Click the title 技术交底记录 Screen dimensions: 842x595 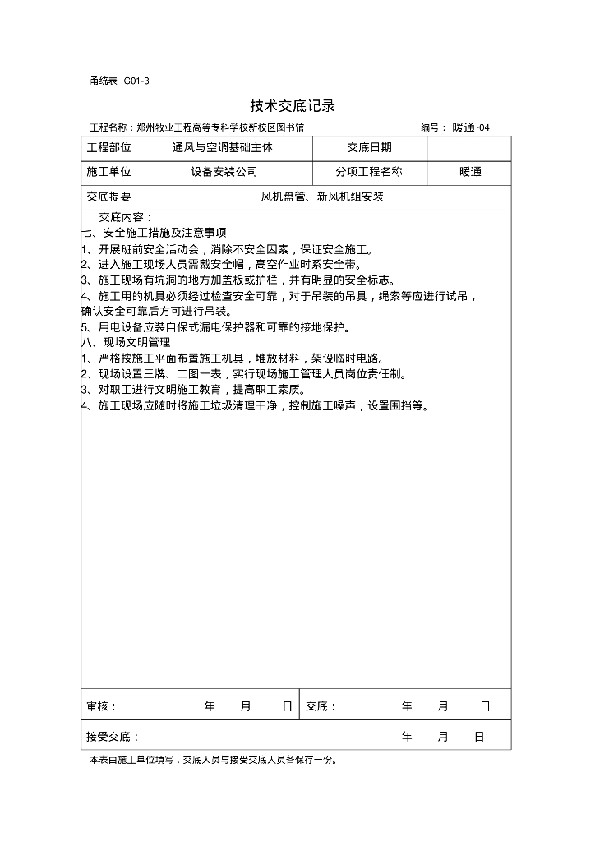click(x=293, y=106)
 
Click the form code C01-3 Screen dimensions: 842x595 click(x=136, y=81)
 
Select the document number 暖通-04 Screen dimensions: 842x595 click(x=471, y=128)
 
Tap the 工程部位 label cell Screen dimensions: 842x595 click(x=109, y=148)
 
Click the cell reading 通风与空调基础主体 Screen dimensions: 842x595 click(x=223, y=148)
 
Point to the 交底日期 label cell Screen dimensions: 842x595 click(x=369, y=148)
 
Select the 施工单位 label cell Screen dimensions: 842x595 click(x=109, y=173)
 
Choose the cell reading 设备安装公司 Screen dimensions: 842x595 click(x=224, y=173)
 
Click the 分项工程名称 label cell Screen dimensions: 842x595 click(x=369, y=173)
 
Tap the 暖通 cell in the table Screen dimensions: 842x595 click(x=471, y=173)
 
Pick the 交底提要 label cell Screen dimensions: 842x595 click(x=109, y=197)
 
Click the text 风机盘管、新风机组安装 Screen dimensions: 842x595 click(x=323, y=197)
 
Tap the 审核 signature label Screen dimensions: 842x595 click(x=102, y=706)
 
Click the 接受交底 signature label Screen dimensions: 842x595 click(x=113, y=738)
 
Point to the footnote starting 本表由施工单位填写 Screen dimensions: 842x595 click(x=213, y=761)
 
